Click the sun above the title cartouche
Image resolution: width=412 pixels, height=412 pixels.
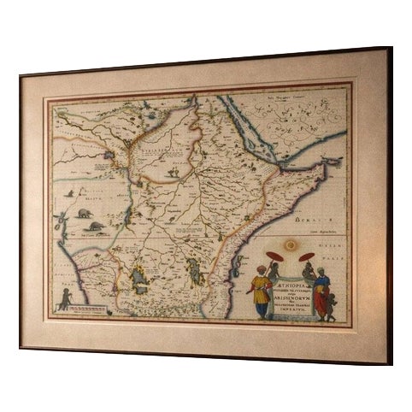(291, 246)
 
